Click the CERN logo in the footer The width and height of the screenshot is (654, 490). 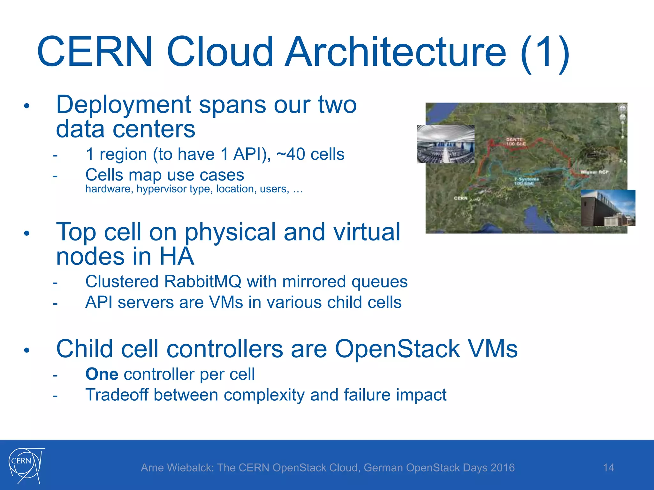click(26, 464)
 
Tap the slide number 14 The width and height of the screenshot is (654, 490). click(608, 468)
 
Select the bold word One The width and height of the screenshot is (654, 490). click(102, 374)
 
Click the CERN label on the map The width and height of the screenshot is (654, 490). click(460, 198)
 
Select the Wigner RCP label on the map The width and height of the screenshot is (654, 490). click(594, 172)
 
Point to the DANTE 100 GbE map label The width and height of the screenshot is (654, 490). click(515, 142)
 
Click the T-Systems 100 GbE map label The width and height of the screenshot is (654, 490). click(526, 181)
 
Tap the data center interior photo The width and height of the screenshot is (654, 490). click(445, 144)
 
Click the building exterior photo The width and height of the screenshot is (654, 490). click(608, 208)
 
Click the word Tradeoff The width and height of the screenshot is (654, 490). click(117, 395)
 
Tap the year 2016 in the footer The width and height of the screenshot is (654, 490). click(502, 468)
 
